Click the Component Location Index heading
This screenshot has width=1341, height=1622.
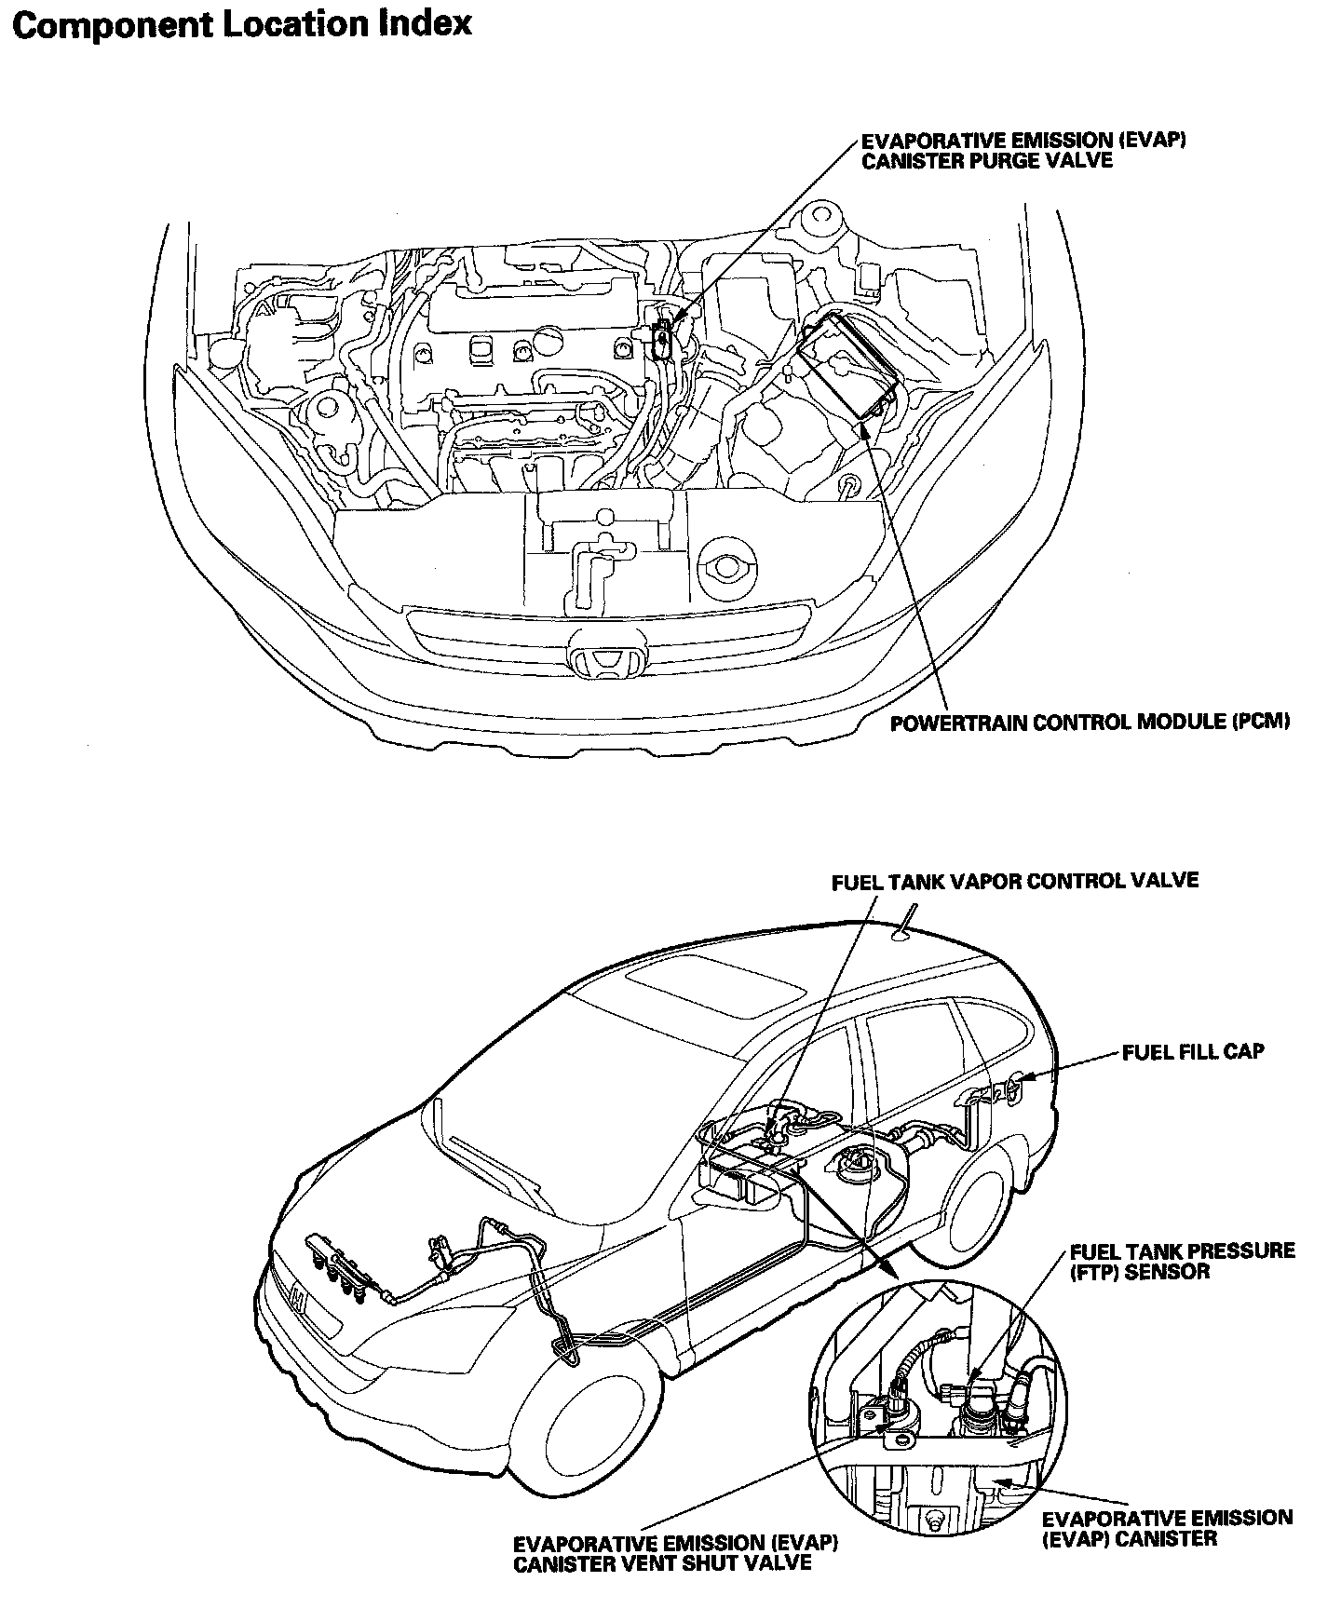243,25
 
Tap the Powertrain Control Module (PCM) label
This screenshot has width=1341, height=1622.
1090,723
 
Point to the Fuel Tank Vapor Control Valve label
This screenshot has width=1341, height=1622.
1014,881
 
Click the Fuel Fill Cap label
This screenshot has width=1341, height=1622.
1192,1052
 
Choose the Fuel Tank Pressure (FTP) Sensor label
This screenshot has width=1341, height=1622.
1182,1261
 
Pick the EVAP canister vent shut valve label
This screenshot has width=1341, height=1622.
675,1552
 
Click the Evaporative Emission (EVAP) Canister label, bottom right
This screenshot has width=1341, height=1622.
1167,1527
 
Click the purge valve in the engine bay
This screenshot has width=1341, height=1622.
663,337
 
